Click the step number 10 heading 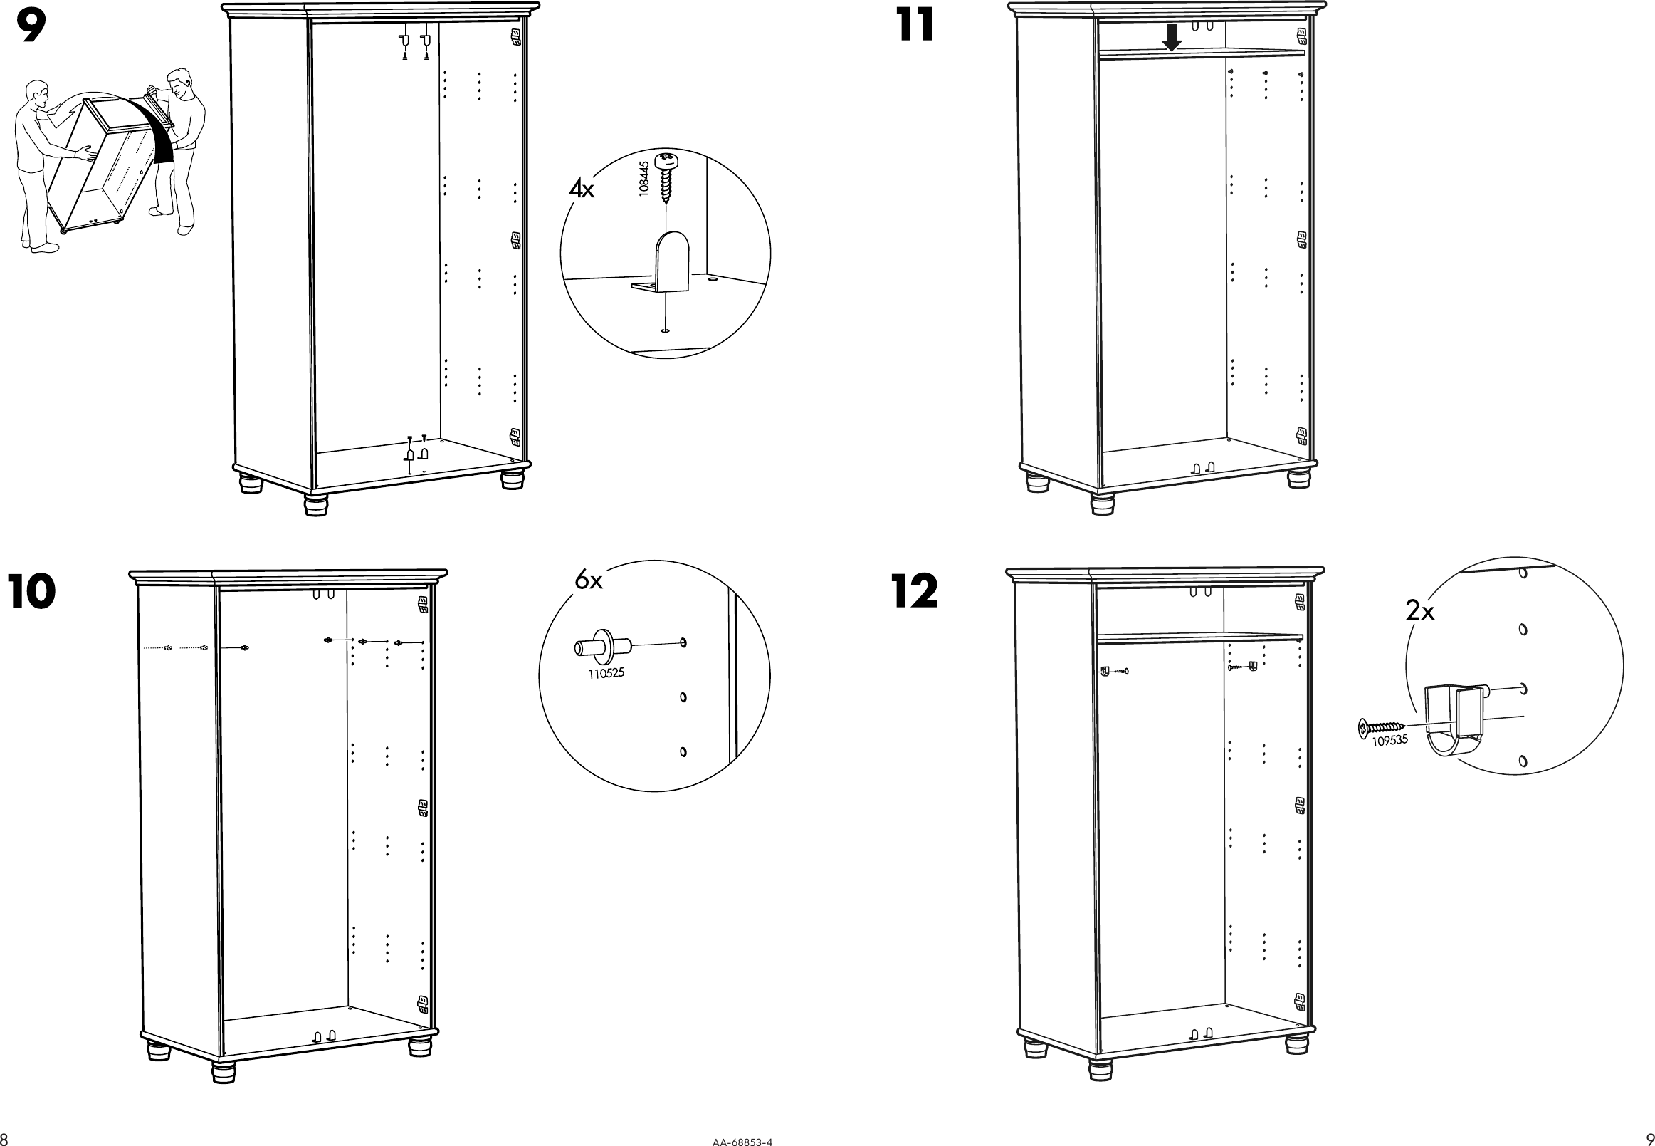coord(31,593)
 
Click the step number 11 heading coord(915,26)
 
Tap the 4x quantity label coord(582,189)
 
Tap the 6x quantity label coord(589,580)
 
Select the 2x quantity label coord(1419,612)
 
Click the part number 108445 coord(643,178)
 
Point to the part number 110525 coord(606,674)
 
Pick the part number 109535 coord(1390,740)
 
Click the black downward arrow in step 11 coord(1171,38)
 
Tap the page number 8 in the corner coord(4,1139)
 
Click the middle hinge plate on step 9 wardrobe coord(515,240)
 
